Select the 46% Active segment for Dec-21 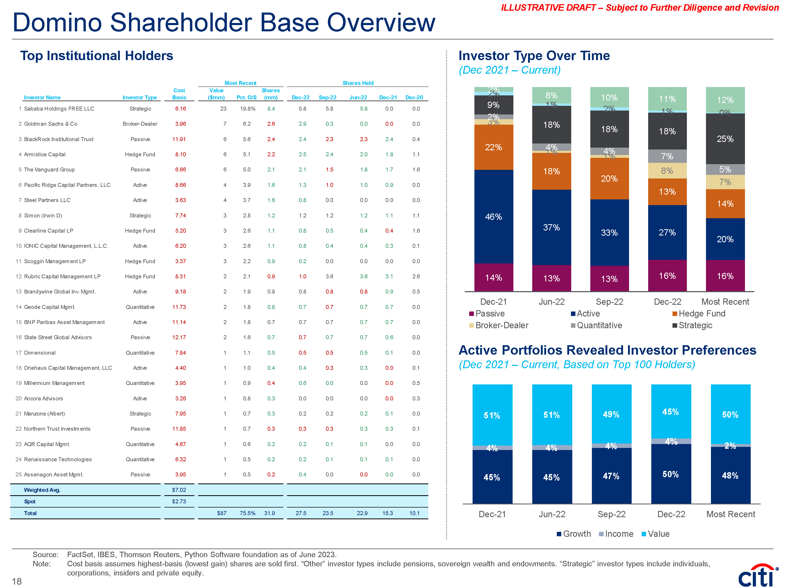pos(493,217)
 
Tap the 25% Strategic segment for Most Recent pos(725,139)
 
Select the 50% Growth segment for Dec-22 pos(671,474)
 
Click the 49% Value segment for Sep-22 pos(611,414)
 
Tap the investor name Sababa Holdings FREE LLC pos(59,109)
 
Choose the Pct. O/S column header pos(246,97)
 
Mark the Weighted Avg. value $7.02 pos(179,490)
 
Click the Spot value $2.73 pos(179,501)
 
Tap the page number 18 pos(17,581)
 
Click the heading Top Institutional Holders pos(97,56)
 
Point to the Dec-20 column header pos(414,97)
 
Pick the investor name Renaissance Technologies pos(58,459)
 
